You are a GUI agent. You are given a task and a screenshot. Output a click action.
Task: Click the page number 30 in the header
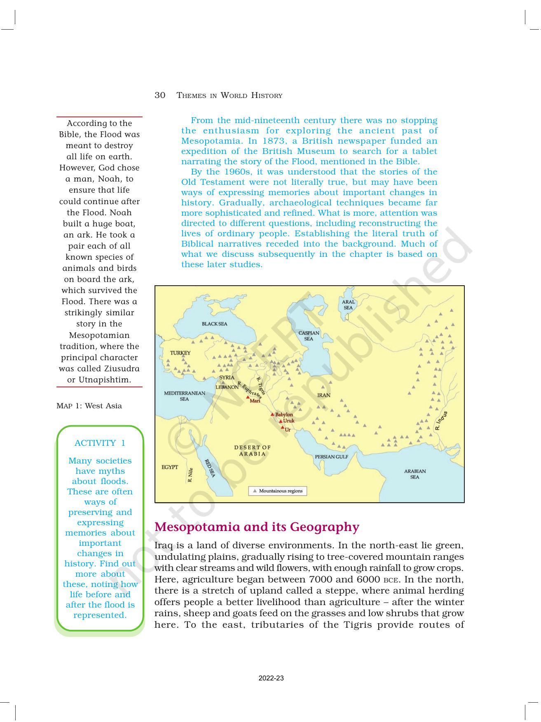(x=160, y=95)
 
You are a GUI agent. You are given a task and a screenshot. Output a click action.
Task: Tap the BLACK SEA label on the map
(x=214, y=324)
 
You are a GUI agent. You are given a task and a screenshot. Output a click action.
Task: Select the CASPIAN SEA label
(x=309, y=336)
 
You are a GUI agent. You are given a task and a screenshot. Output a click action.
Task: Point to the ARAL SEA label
(x=348, y=305)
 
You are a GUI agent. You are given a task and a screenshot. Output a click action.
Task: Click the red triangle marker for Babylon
(x=272, y=415)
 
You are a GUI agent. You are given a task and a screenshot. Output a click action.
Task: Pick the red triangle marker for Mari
(x=248, y=397)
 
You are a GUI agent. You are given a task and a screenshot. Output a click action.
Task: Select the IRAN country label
(x=323, y=395)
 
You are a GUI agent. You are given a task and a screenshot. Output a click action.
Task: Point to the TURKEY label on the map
(x=180, y=353)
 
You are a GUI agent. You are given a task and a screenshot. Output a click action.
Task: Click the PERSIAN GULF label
(x=331, y=457)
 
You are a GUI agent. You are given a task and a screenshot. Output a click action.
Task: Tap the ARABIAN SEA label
(x=415, y=474)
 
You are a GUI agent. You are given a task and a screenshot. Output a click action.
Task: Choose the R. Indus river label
(x=441, y=421)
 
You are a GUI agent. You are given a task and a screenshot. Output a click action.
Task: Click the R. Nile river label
(x=190, y=475)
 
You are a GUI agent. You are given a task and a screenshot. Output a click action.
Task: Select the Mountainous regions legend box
(x=277, y=491)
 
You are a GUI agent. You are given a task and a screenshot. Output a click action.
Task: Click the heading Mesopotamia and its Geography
(x=257, y=527)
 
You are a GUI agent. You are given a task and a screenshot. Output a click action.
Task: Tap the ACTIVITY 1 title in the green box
(x=100, y=443)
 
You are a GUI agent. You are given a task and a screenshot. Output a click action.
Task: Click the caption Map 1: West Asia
(x=89, y=406)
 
